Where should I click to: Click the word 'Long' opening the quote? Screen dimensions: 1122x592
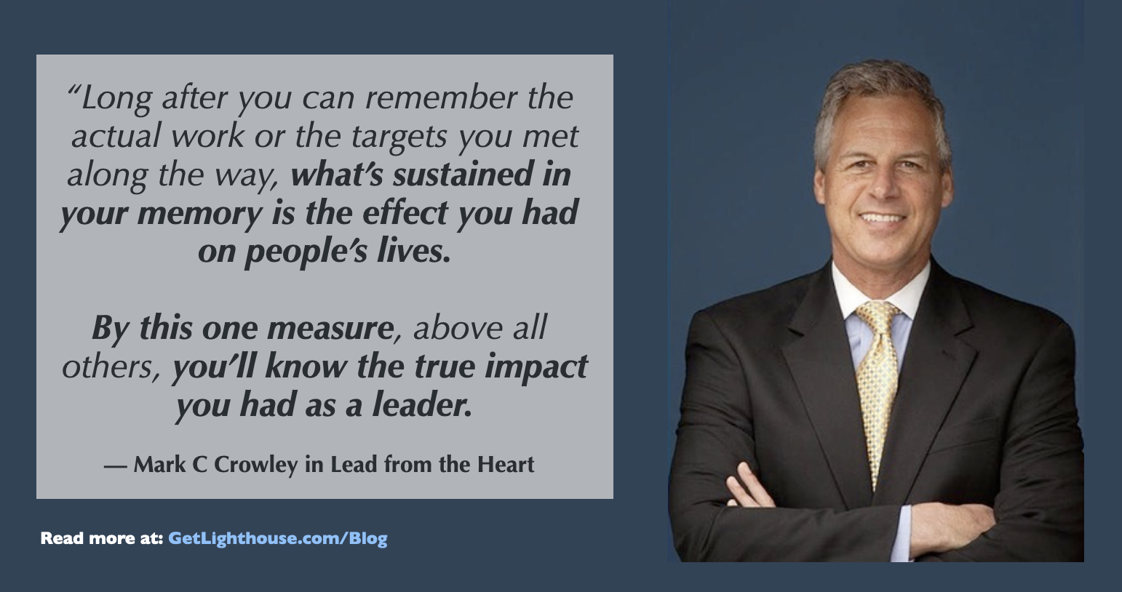pos(116,99)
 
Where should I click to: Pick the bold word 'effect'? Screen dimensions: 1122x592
pos(405,212)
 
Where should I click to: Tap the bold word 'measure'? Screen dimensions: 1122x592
pos(330,329)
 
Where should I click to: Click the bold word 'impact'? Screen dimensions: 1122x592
pos(536,367)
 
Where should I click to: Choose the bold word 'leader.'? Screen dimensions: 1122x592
pos(422,404)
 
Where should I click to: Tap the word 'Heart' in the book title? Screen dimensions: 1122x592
pos(506,464)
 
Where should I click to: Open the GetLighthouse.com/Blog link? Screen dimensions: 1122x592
pos(277,538)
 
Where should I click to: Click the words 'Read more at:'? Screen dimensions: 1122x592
pos(102,538)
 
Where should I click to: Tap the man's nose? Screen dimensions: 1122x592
pos(883,185)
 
